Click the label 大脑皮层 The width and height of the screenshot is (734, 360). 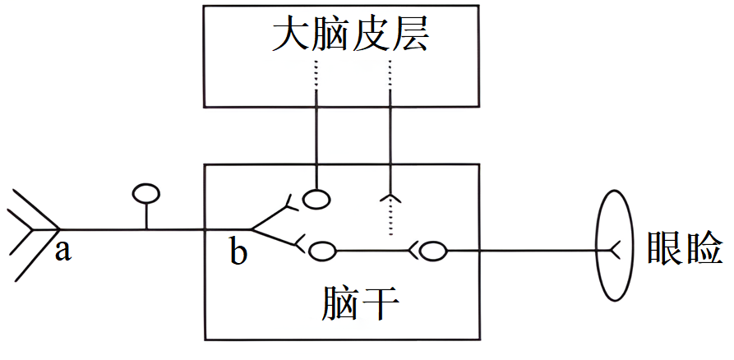(x=349, y=36)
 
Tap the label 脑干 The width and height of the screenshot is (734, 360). (x=361, y=303)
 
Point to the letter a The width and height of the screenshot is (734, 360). (x=62, y=252)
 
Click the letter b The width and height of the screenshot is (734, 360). (x=238, y=253)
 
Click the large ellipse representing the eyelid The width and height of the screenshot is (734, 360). (x=598, y=245)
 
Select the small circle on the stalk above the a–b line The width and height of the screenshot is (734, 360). (x=146, y=193)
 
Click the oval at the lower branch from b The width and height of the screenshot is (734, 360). (x=322, y=251)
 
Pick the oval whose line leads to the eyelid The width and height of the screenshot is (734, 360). (x=433, y=252)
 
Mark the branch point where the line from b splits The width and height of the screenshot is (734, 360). (x=252, y=229)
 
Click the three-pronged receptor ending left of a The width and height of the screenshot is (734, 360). (x=34, y=230)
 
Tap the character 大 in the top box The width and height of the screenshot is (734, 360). (x=290, y=36)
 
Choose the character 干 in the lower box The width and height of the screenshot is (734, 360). (x=381, y=304)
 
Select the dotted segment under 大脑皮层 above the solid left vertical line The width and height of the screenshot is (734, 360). (x=316, y=75)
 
